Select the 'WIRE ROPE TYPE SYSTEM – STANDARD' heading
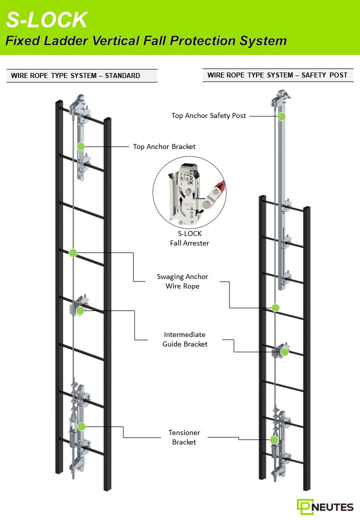coord(75,75)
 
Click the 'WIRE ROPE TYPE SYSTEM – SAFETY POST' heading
coord(277,75)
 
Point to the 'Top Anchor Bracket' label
coord(164,146)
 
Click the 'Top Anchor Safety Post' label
coord(208,115)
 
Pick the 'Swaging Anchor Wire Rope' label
coord(182,281)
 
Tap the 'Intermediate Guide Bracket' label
coord(185,339)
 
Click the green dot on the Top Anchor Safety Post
coord(281,116)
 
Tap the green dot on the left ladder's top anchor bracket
coord(80,146)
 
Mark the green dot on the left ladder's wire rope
coord(73,253)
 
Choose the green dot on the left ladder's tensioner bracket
coord(81,426)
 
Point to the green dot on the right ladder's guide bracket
coord(284,352)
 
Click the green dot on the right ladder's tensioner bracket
coord(274,440)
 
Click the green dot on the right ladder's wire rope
coord(275,307)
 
